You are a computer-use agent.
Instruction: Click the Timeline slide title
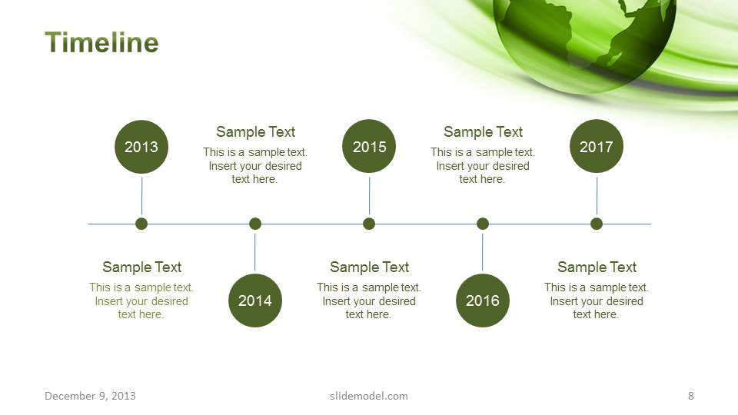(x=101, y=42)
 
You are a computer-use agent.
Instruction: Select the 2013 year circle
(x=141, y=147)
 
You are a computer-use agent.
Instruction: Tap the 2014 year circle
(x=255, y=300)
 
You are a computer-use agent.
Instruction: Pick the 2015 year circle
(x=369, y=146)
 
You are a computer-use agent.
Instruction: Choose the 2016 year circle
(x=483, y=300)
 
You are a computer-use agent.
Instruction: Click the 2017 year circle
(x=597, y=146)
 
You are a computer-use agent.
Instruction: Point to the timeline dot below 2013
(x=141, y=224)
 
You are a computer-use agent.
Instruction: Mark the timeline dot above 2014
(x=255, y=224)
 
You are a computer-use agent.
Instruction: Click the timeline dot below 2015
(x=369, y=224)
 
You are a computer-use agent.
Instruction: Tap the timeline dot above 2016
(x=483, y=224)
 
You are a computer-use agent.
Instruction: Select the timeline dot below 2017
(x=597, y=224)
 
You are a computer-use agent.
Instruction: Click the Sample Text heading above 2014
(x=255, y=132)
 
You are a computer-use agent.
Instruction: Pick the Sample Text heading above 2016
(x=483, y=132)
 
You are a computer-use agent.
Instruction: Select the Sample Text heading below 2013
(x=141, y=267)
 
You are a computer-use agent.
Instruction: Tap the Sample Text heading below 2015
(x=370, y=267)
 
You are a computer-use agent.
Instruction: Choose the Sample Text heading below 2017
(x=597, y=267)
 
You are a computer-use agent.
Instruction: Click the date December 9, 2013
(x=90, y=397)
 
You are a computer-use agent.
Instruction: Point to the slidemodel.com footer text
(x=369, y=397)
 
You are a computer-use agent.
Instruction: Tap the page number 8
(x=691, y=396)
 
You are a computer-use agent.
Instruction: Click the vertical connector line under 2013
(x=141, y=196)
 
